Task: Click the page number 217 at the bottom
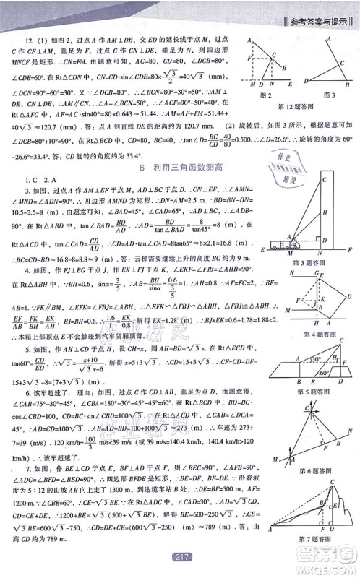click(181, 568)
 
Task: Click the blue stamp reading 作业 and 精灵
click(288, 169)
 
